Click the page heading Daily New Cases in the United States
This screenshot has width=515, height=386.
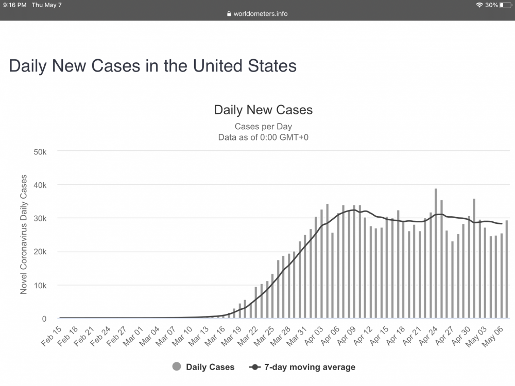[x=152, y=66]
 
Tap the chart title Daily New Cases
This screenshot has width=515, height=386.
[x=263, y=110]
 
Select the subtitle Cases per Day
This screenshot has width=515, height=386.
[x=263, y=126]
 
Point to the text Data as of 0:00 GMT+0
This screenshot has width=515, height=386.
[x=263, y=137]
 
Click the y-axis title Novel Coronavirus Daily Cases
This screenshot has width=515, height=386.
[x=24, y=235]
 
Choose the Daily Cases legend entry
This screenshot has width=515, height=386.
[x=203, y=367]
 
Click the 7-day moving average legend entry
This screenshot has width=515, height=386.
[x=303, y=367]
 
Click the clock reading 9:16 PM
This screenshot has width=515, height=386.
[x=14, y=5]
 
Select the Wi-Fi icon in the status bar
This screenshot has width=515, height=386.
[x=479, y=5]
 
